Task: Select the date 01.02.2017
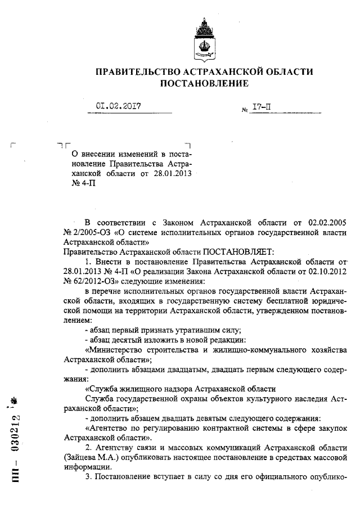(x=118, y=105)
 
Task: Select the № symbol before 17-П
(x=243, y=107)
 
